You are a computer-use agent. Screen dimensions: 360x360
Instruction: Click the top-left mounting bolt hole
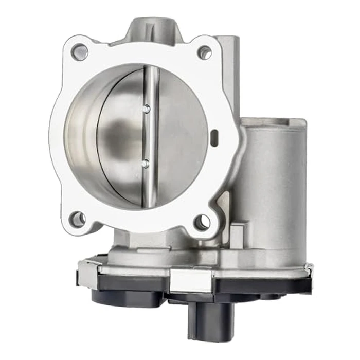tap(79, 51)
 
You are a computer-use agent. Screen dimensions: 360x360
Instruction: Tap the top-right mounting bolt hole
tap(205, 52)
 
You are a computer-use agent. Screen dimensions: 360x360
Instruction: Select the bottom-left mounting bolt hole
tap(78, 219)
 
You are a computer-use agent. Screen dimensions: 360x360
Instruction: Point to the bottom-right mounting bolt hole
tap(202, 222)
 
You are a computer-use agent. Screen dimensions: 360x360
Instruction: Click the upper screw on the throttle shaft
tap(147, 109)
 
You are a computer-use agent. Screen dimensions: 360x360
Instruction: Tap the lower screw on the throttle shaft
tap(146, 164)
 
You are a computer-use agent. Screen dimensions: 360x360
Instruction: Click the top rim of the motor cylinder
tap(273, 123)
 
